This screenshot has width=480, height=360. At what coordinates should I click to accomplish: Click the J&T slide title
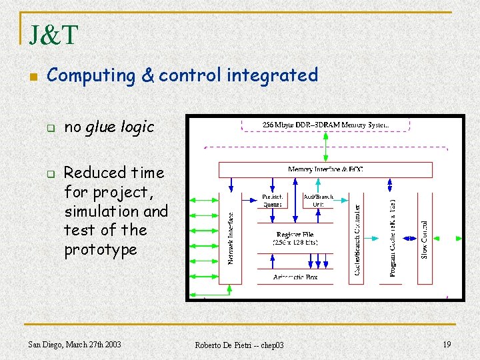tap(53, 35)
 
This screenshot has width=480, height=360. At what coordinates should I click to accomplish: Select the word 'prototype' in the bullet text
tap(101, 250)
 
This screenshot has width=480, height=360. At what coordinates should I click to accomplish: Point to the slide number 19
tap(447, 344)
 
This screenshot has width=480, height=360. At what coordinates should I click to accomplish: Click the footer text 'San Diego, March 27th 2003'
tap(75, 344)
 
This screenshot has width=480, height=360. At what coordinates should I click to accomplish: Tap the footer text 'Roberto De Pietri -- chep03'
tap(239, 345)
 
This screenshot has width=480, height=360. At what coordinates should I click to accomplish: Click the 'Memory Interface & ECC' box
tap(325, 170)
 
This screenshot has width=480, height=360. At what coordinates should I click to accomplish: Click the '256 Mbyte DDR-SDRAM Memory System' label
tap(325, 125)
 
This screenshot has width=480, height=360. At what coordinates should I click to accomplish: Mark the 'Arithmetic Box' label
tap(295, 277)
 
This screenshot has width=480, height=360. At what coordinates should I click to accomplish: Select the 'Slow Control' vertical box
tap(424, 238)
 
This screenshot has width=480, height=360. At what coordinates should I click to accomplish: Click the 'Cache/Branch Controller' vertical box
tap(357, 238)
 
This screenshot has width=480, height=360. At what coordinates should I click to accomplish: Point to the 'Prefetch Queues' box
tap(271, 201)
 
